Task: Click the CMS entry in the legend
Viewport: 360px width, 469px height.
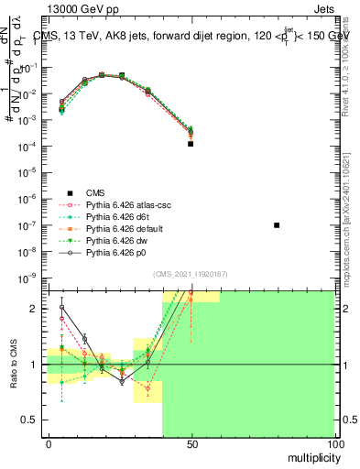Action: pyautogui.click(x=95, y=192)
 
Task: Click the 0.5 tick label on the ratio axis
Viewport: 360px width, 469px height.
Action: pyautogui.click(x=32, y=420)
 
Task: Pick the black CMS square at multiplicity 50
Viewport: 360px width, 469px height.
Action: pyautogui.click(x=191, y=144)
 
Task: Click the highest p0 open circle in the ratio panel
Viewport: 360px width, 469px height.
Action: pyautogui.click(x=61, y=307)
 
